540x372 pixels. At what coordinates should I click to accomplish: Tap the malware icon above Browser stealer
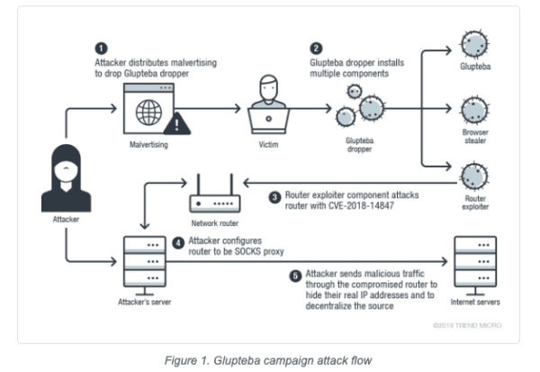tap(473, 110)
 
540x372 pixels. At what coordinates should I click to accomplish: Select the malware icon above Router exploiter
tap(473, 173)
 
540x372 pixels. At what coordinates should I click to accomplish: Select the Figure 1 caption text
tap(269, 360)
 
